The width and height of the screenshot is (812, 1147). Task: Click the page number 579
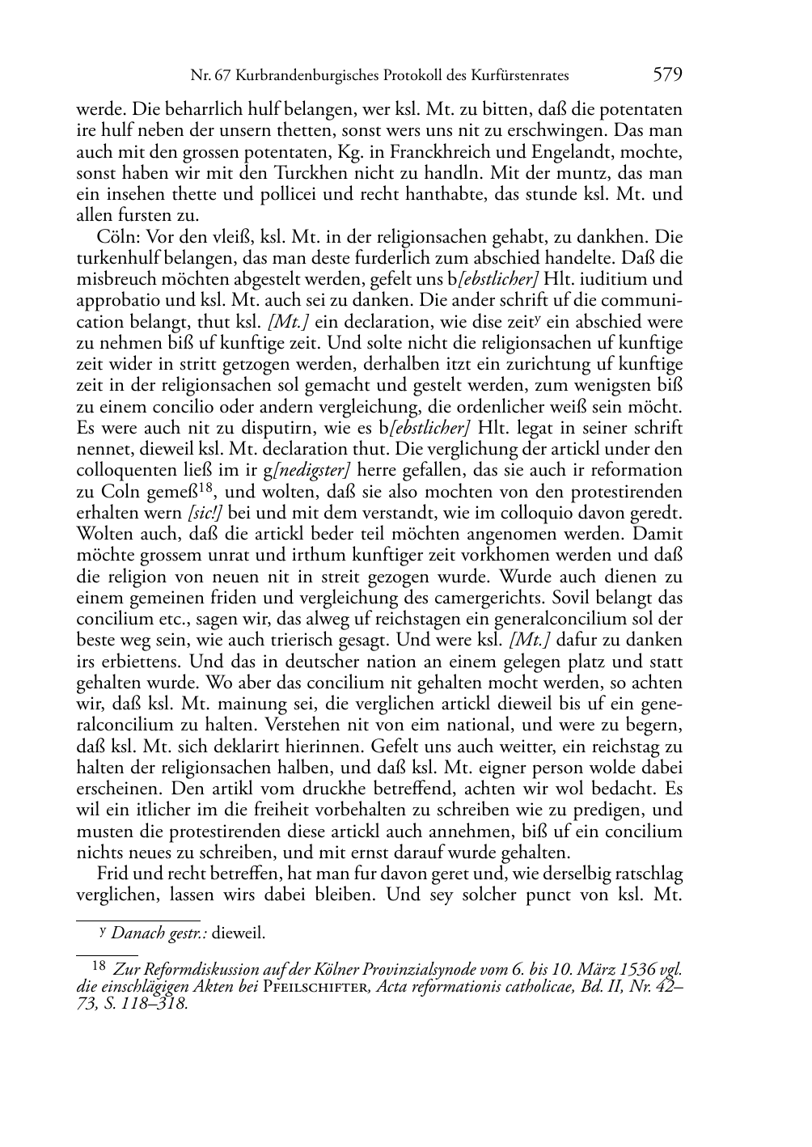coord(667,75)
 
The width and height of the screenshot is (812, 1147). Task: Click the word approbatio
coord(115,301)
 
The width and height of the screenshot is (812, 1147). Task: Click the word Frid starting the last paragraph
coord(112,874)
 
